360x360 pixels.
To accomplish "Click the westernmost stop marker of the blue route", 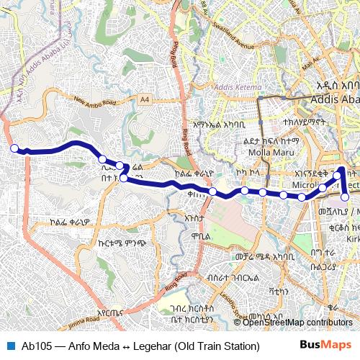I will tap(13, 148).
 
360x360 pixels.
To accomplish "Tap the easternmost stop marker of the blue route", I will tap(346, 197).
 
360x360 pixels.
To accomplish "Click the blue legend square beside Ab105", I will tap(9, 346).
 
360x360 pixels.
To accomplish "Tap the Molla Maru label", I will tap(269, 152).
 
